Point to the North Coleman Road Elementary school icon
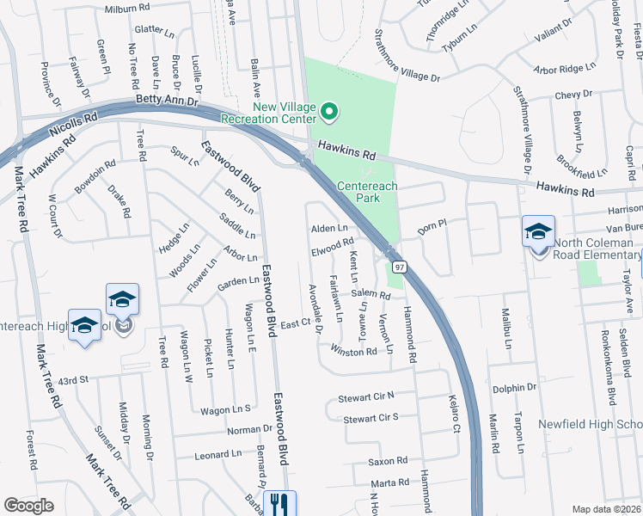click(538, 231)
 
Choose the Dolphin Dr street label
click(512, 388)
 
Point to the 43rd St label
click(74, 379)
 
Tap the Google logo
click(28, 506)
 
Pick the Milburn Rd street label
click(127, 9)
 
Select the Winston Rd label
click(353, 351)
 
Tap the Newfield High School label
click(590, 425)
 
